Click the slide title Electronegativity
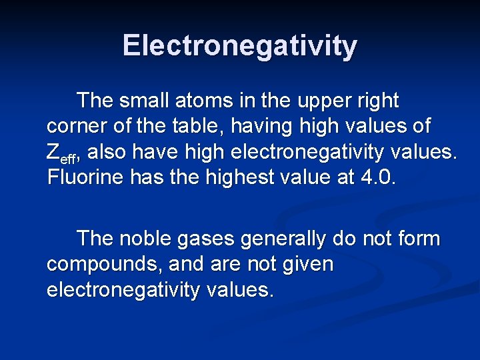(x=240, y=46)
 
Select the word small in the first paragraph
(x=144, y=101)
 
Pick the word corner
(x=77, y=127)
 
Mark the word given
(x=307, y=265)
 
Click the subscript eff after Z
(x=69, y=157)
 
